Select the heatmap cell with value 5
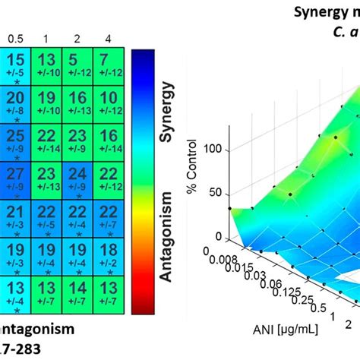pos(75,66)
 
